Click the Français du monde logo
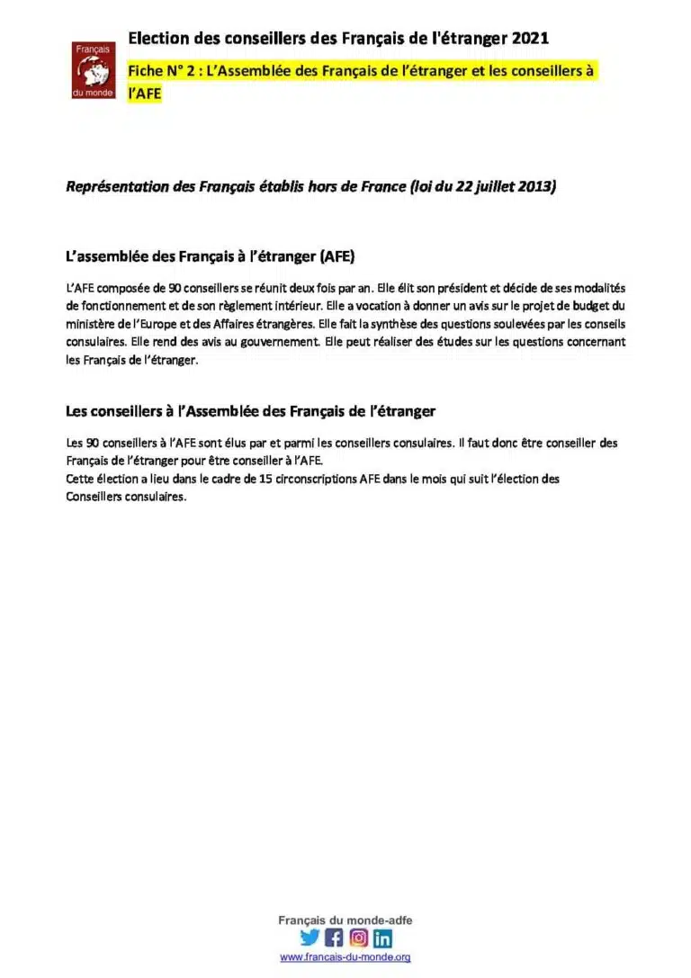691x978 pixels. click(x=94, y=69)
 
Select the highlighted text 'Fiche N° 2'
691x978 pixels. click(x=161, y=70)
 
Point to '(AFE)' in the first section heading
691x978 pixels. click(x=337, y=256)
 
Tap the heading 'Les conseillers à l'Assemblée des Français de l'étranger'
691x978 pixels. click(x=250, y=411)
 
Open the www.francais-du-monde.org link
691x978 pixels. click(x=345, y=958)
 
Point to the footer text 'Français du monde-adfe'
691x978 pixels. click(x=345, y=920)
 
